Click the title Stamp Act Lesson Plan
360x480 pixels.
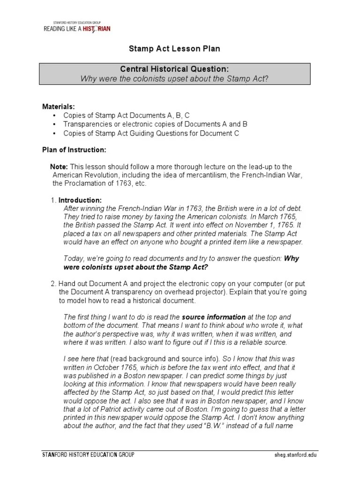174,49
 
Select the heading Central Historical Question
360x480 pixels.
174,69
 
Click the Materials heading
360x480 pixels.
59,107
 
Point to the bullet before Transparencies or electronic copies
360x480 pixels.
55,124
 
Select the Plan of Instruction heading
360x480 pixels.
74,150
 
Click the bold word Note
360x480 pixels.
59,167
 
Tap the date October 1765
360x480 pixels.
116,367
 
